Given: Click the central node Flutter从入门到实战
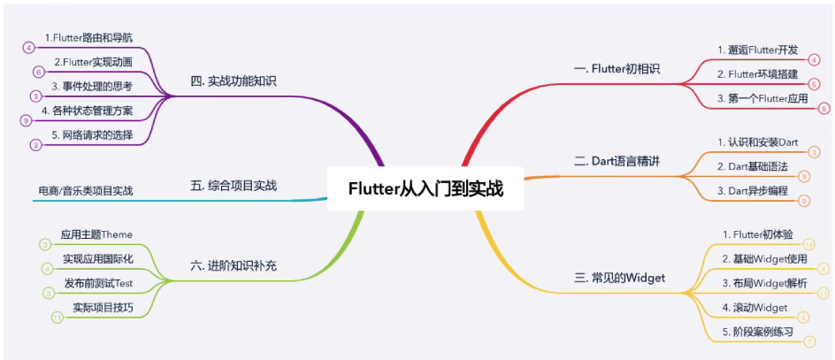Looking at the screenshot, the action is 425,188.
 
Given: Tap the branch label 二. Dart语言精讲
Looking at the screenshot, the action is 617,162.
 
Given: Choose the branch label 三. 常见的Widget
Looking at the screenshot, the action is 619,279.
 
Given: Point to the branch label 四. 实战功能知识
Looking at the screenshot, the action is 234,81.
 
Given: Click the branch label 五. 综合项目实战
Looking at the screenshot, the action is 234,186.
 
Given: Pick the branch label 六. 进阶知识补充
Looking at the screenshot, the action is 234,264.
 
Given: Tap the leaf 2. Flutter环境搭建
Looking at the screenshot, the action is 757,73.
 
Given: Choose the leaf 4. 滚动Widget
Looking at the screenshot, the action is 755,307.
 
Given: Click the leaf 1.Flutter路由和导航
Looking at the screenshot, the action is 88,38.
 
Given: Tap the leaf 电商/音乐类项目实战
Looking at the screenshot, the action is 86,190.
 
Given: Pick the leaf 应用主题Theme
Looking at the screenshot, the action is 96,234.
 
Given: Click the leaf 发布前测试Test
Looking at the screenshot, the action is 98,283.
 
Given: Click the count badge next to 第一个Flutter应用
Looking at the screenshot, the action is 824,108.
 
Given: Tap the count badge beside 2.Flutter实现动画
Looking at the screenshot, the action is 38,72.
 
